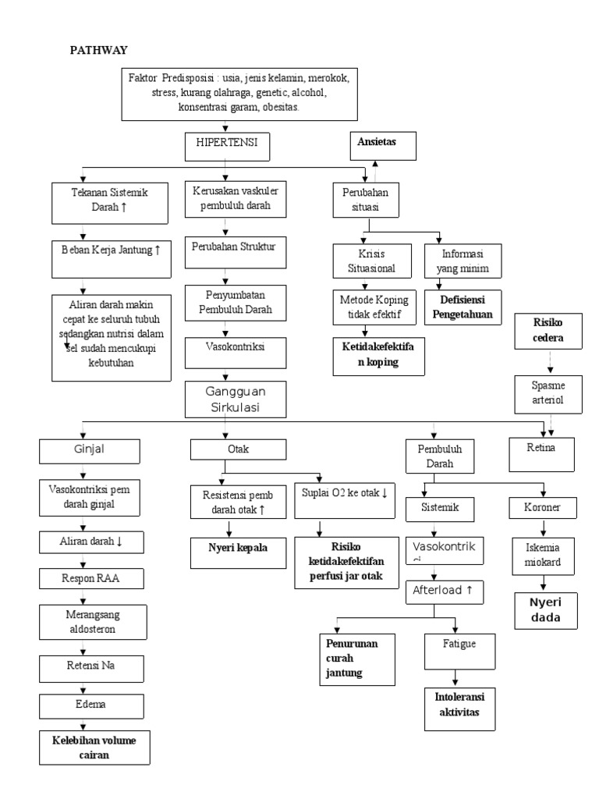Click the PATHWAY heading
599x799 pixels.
click(99, 50)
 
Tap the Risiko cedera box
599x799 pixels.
click(549, 330)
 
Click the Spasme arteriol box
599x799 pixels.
click(548, 392)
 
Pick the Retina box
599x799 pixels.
click(541, 453)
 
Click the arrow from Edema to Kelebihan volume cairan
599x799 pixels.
click(80, 722)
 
